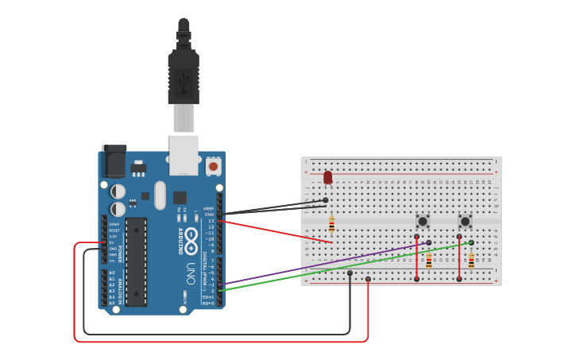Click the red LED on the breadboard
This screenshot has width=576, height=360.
[328, 177]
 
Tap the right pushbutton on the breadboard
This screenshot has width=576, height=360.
[466, 221]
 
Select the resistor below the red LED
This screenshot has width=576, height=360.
[331, 225]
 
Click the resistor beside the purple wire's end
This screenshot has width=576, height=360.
[429, 261]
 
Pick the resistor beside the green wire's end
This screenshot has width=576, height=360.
[471, 261]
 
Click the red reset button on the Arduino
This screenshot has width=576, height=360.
[213, 167]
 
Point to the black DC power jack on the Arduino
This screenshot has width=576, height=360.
[114, 162]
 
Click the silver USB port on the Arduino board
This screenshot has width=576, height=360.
[184, 154]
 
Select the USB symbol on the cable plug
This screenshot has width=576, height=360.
[184, 79]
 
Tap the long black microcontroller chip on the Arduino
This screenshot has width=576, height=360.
[136, 261]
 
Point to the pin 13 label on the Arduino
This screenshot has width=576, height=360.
[211, 221]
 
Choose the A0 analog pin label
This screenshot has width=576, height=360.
[112, 273]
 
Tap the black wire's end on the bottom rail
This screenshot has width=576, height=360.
[350, 273]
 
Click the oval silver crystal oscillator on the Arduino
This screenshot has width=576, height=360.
[160, 195]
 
